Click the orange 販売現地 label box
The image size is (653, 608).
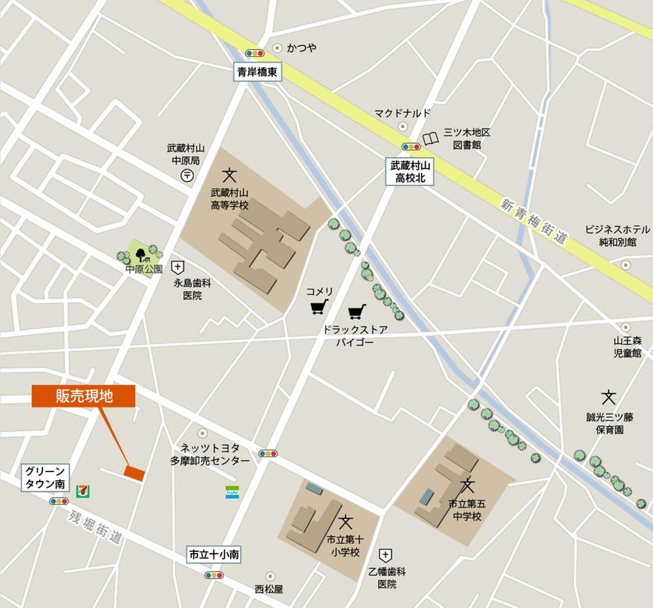point(83,396)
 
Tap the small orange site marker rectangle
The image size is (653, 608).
point(135,473)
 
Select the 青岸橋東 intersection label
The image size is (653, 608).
point(258,73)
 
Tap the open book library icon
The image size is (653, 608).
point(431,138)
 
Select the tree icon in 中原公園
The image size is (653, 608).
point(140,251)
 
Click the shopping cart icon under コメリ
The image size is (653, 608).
point(319,306)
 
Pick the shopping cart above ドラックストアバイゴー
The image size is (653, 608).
point(357,312)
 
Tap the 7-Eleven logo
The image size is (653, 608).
point(83,488)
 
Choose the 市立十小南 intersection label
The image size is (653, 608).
point(214,554)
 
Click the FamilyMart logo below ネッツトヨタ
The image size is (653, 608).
point(232,492)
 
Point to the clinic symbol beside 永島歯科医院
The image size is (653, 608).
point(177,267)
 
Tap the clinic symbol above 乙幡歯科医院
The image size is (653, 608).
point(386,556)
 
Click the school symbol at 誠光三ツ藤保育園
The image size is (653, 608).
point(609,396)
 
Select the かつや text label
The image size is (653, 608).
point(301,48)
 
